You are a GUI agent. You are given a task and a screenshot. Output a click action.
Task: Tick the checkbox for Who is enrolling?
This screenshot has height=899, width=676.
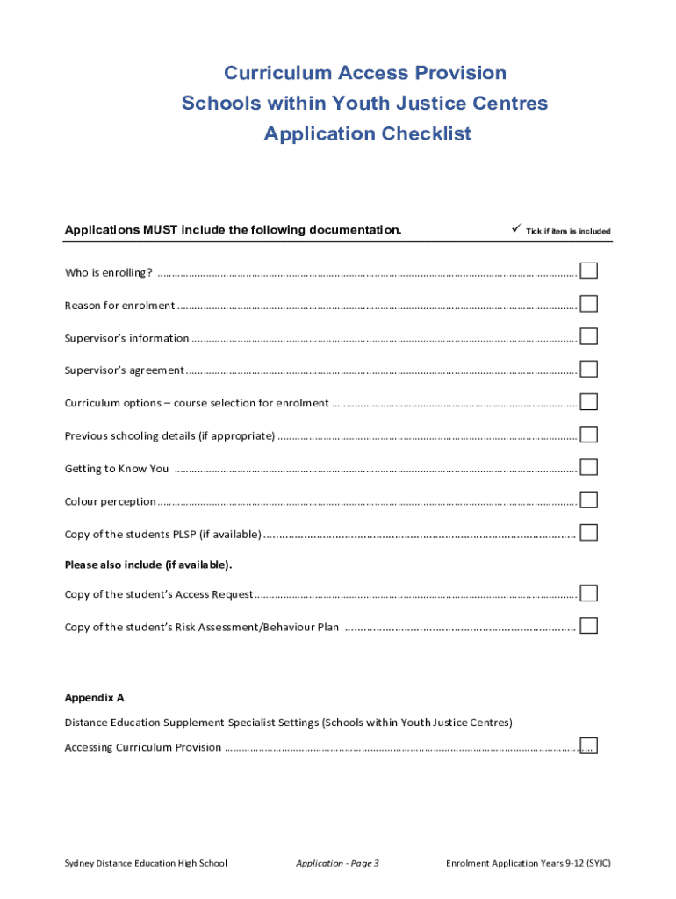pyautogui.click(x=588, y=270)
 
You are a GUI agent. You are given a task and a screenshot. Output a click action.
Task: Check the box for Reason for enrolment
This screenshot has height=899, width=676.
pyautogui.click(x=588, y=304)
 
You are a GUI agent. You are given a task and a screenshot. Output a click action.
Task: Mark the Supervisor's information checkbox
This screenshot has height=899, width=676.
pyautogui.click(x=588, y=336)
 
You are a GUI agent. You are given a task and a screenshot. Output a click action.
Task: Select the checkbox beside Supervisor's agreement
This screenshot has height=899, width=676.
pyautogui.click(x=588, y=369)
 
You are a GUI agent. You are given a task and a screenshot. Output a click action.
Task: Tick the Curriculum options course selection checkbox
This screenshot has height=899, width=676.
pyautogui.click(x=588, y=401)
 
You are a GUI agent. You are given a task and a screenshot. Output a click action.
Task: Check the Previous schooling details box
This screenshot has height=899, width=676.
pyautogui.click(x=588, y=435)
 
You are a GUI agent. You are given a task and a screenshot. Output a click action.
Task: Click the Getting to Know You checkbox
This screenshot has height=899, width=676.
pyautogui.click(x=588, y=467)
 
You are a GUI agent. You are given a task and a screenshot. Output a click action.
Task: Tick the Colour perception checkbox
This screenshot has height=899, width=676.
pyautogui.click(x=588, y=500)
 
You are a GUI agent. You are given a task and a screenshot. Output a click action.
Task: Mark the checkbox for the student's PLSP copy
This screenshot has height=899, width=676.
pyautogui.click(x=588, y=533)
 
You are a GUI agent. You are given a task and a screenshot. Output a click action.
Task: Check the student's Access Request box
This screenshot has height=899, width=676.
pyautogui.click(x=588, y=593)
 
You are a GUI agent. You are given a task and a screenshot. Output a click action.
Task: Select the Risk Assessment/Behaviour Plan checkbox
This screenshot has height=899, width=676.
pyautogui.click(x=588, y=626)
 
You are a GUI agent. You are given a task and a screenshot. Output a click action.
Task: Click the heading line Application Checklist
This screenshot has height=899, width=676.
pyautogui.click(x=367, y=133)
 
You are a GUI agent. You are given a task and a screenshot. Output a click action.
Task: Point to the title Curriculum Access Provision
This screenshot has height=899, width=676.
pyautogui.click(x=365, y=73)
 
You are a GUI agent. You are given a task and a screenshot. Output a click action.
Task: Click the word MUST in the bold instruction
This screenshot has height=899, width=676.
pyautogui.click(x=161, y=230)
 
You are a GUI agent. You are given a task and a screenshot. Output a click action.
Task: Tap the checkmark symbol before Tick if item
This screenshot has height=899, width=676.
pyautogui.click(x=516, y=229)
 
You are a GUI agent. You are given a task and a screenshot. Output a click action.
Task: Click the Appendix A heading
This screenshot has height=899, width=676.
pyautogui.click(x=94, y=698)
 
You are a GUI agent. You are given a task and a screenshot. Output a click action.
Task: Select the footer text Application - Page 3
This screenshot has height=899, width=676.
pyautogui.click(x=337, y=863)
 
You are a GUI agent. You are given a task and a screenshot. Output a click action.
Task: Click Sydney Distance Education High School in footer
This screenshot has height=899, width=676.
pyautogui.click(x=146, y=863)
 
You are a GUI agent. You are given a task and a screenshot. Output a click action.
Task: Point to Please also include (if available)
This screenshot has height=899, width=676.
pyautogui.click(x=148, y=564)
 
